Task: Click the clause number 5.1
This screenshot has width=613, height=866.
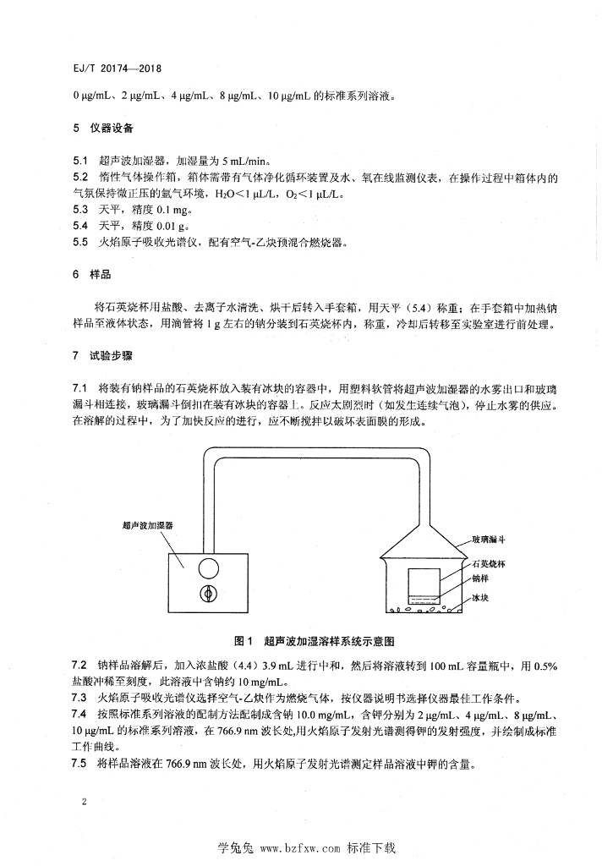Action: [80, 160]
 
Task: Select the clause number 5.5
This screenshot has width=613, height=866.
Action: [80, 242]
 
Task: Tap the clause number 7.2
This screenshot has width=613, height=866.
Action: [80, 666]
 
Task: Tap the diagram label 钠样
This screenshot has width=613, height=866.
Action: [481, 579]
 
